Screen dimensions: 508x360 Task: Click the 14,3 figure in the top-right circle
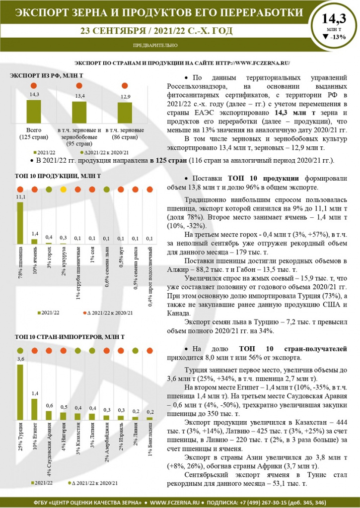(x=334, y=19)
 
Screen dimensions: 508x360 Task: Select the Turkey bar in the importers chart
(x=20, y=392)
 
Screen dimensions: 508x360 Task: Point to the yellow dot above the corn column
(x=64, y=190)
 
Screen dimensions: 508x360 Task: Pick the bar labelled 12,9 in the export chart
(x=125, y=114)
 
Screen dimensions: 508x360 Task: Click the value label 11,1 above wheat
(x=20, y=197)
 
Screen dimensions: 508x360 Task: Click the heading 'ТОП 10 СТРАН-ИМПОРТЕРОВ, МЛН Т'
(x=67, y=337)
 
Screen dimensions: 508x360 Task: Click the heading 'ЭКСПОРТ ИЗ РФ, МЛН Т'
(x=46, y=75)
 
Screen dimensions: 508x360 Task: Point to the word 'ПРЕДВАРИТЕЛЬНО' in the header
(x=155, y=45)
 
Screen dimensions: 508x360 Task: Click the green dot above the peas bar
(x=49, y=190)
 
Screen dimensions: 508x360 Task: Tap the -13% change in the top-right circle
(x=334, y=37)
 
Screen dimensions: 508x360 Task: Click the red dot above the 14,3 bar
(x=34, y=85)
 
